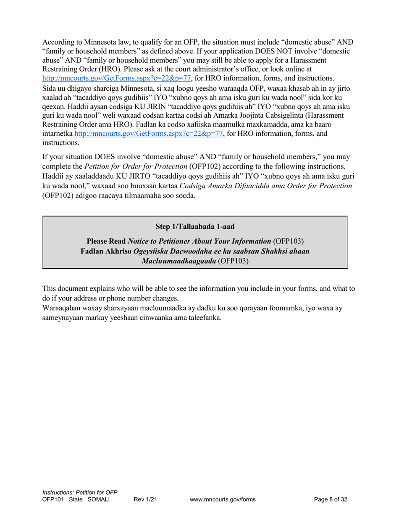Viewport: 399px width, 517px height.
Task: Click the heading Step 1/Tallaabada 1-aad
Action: [x=195, y=227]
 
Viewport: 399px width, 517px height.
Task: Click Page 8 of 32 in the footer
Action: [x=331, y=499]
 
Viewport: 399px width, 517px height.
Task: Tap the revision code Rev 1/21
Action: [x=145, y=499]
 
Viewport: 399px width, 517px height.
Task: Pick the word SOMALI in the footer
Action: [x=98, y=499]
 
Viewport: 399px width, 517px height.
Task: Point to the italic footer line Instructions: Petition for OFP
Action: [x=80, y=492]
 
